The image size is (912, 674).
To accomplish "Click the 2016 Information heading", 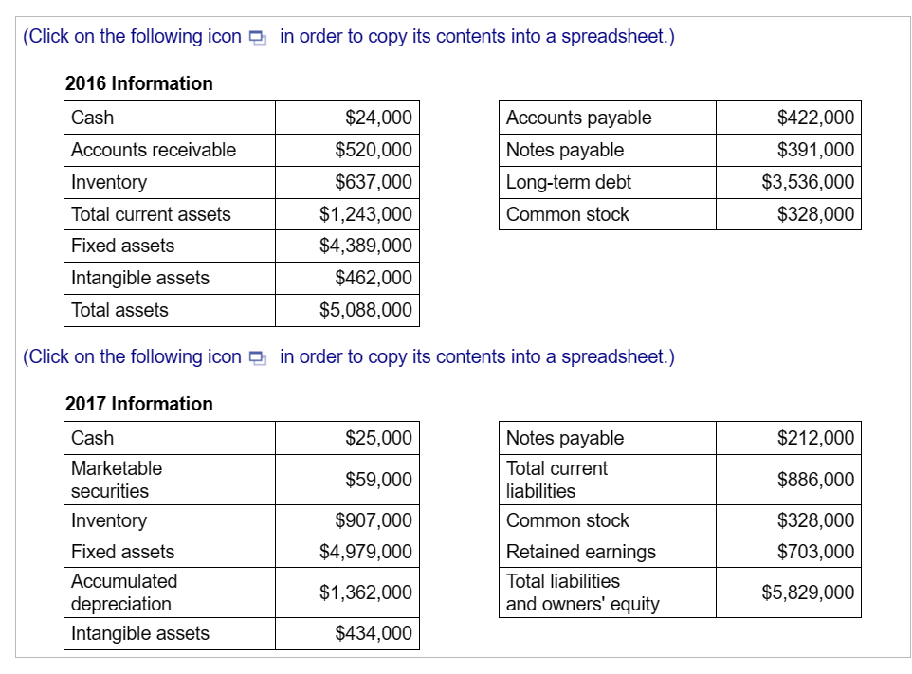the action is click(x=138, y=83).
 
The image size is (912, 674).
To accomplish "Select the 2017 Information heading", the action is click(x=138, y=404).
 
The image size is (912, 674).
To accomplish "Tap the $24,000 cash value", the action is click(x=378, y=118).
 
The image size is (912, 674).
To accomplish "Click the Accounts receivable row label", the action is click(x=154, y=150).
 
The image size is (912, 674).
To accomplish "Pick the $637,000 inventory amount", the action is click(x=374, y=182).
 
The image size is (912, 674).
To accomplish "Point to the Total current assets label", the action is click(x=151, y=214).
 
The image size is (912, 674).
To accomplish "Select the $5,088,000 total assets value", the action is click(x=366, y=310).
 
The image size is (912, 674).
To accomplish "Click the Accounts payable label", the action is click(x=579, y=118).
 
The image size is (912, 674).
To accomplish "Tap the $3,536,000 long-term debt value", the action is click(x=808, y=182).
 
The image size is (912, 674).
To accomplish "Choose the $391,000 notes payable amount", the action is click(x=815, y=150).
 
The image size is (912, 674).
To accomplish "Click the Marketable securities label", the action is click(x=117, y=480).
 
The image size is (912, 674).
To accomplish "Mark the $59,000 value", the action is click(x=378, y=480).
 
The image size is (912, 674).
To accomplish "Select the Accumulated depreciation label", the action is click(x=124, y=592).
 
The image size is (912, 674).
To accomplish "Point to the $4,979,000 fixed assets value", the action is click(x=366, y=552).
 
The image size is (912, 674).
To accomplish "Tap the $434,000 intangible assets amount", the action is click(x=374, y=633).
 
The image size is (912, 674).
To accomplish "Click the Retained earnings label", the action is click(x=581, y=552).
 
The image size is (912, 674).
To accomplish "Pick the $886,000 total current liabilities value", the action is click(x=815, y=480).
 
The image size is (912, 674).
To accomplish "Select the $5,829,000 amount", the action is click(x=808, y=592).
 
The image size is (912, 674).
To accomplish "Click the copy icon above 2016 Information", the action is click(x=257, y=37).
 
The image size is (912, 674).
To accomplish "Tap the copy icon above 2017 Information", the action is click(x=257, y=357).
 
